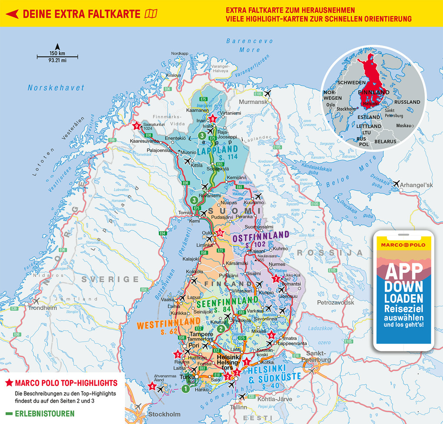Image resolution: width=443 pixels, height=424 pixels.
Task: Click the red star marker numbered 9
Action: coord(137,126)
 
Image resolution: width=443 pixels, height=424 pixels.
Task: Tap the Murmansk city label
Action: coord(254,102)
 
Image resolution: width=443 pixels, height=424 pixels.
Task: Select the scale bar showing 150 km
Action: coord(57,56)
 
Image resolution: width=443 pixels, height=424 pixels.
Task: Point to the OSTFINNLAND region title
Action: coord(261,236)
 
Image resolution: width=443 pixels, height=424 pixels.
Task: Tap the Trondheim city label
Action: coord(43,308)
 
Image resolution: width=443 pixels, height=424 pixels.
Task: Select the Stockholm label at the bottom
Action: coord(164,414)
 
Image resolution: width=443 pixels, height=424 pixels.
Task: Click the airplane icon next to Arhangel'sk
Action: coord(396,184)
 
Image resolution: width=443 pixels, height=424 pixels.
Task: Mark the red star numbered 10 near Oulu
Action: coord(220,233)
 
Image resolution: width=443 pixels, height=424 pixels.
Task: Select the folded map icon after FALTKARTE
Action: coord(151,14)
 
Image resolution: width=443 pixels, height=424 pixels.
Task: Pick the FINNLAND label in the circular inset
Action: coord(374,93)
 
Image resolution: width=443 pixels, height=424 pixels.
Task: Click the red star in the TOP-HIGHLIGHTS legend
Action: coord(9,383)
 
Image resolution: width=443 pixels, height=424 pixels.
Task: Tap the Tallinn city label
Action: coord(238,407)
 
